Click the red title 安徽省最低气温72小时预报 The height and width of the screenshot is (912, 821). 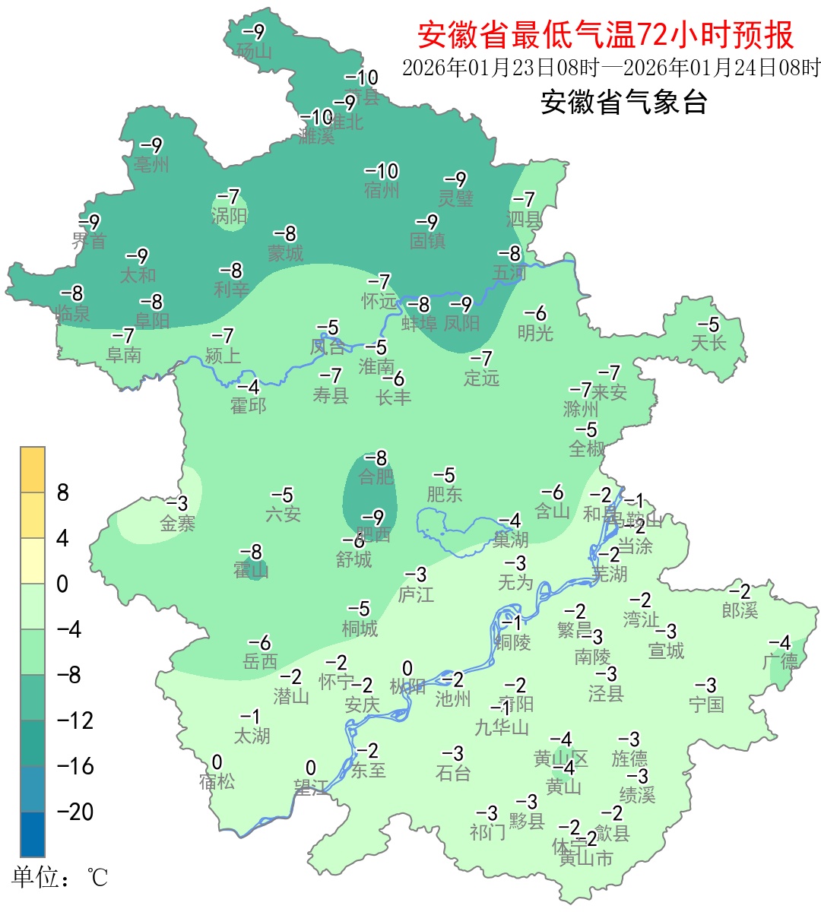[605, 35]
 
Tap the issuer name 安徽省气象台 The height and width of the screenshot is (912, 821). [623, 101]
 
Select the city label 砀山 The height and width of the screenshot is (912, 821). [254, 51]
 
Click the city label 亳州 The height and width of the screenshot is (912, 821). [151, 164]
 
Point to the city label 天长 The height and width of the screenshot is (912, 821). [708, 343]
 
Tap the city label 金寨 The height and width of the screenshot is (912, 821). [177, 523]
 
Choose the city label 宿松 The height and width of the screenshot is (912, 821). [217, 781]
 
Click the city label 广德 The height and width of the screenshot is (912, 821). [780, 661]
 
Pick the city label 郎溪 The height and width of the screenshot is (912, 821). [740, 610]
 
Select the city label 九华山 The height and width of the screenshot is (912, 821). [501, 727]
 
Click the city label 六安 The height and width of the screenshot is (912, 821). [283, 514]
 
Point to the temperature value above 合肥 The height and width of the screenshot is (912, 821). [376, 458]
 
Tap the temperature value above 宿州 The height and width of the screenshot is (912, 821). [382, 171]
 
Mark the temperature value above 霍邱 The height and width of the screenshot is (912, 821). [249, 387]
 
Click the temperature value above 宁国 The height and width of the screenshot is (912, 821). [706, 686]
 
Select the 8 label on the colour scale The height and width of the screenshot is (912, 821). [63, 492]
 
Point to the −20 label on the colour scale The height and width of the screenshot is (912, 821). [75, 812]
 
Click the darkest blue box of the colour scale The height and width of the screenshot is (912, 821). [33, 834]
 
